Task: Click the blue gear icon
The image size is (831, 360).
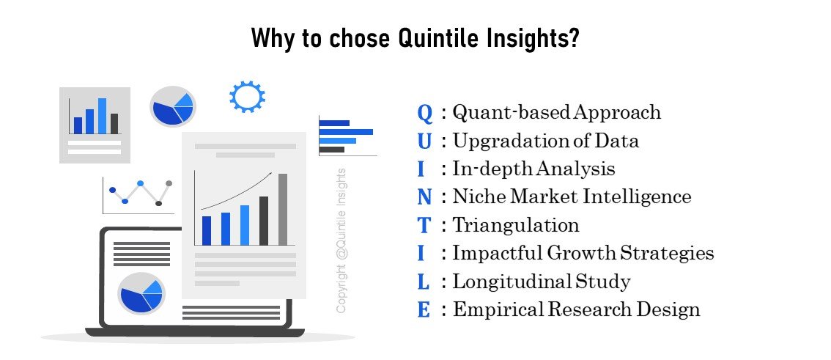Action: pyautogui.click(x=247, y=97)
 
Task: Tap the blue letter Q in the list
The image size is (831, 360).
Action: pyautogui.click(x=425, y=113)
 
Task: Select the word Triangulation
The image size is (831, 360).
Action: pyautogui.click(x=516, y=225)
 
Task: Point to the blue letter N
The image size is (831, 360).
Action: pyautogui.click(x=424, y=197)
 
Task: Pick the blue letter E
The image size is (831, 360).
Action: pyautogui.click(x=424, y=309)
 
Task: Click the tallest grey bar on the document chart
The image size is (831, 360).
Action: pyautogui.click(x=283, y=210)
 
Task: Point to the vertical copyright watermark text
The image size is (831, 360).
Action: pyautogui.click(x=341, y=240)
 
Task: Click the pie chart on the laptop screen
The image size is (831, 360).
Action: pyautogui.click(x=141, y=293)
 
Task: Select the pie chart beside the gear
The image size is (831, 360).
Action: pyautogui.click(x=173, y=106)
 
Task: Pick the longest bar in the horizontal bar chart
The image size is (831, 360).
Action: pyautogui.click(x=346, y=132)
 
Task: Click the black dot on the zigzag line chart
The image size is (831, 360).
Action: pyautogui.click(x=158, y=204)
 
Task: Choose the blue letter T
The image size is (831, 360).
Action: pyautogui.click(x=424, y=225)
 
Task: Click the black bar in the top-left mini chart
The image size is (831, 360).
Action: pyautogui.click(x=114, y=123)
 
